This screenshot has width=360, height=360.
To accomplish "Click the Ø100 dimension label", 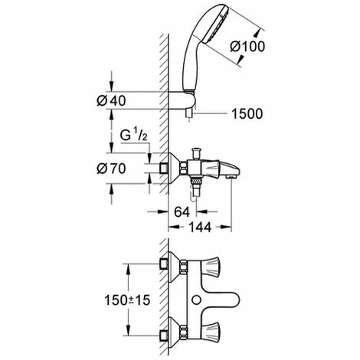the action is tap(247, 47).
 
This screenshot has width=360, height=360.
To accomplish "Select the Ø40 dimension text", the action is tap(111, 100).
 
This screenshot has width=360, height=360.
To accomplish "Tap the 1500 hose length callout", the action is tap(247, 113).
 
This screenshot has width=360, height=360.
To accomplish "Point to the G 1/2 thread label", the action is tap(134, 136).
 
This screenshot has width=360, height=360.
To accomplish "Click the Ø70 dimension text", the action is tap(111, 169).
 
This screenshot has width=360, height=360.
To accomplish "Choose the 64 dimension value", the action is tap(182, 211).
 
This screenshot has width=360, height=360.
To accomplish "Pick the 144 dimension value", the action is tap(200, 227).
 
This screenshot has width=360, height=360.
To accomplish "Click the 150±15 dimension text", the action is tap(127, 300).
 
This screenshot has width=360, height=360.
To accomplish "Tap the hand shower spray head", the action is tap(216, 25).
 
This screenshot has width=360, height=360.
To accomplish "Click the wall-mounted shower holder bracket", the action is tap(182, 100).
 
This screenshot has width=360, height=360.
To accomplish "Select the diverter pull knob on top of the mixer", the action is tap(196, 153).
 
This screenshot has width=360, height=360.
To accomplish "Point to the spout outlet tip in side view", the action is tap(231, 176).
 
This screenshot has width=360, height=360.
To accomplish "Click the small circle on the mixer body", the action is tap(196, 299).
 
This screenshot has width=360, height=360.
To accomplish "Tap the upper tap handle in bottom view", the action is tap(211, 267).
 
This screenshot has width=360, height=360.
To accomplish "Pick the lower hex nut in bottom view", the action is tap(183, 332).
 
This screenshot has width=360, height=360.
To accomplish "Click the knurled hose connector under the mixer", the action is tap(196, 182).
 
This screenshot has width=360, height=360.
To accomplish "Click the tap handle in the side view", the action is tap(210, 169).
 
